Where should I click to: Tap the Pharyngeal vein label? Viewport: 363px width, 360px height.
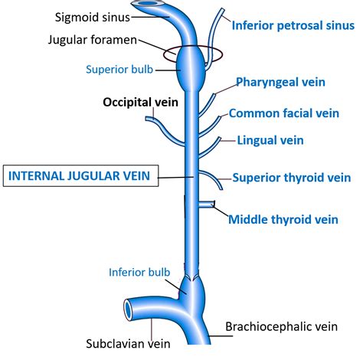[280, 81]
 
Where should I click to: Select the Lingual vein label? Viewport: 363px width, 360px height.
[270, 140]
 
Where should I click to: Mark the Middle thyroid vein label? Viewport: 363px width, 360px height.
[283, 220]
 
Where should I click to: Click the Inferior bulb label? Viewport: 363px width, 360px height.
[134, 270]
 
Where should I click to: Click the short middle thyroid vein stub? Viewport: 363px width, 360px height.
[205, 205]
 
